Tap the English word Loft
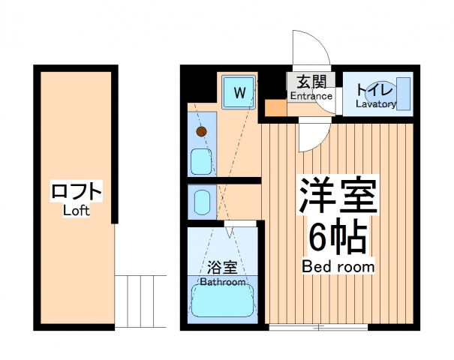point(77,211)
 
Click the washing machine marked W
point(239,93)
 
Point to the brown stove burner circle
point(200,132)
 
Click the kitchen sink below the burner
point(200,160)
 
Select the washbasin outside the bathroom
point(201,200)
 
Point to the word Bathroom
point(223,282)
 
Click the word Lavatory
point(375,104)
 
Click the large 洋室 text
point(338,197)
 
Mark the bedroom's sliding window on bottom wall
point(318,327)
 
